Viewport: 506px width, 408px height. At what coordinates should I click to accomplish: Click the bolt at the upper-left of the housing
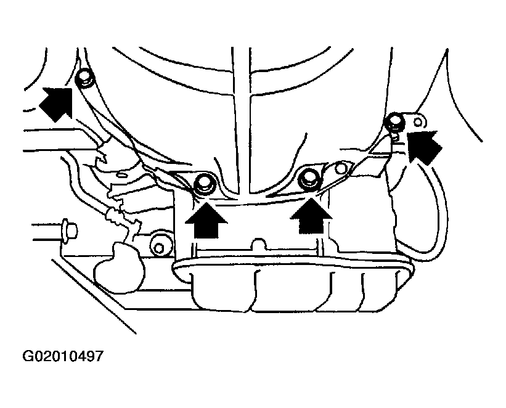click(x=84, y=78)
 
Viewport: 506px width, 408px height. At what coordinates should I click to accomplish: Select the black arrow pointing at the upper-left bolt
click(x=57, y=104)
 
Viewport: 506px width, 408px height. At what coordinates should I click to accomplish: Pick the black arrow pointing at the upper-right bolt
click(x=423, y=146)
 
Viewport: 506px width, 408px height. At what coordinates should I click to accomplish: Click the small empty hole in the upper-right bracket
click(x=418, y=122)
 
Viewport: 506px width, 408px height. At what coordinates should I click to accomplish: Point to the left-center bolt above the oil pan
click(x=205, y=184)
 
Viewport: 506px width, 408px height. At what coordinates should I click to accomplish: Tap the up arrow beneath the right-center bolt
click(x=311, y=216)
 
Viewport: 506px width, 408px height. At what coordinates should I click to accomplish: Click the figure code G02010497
click(x=63, y=356)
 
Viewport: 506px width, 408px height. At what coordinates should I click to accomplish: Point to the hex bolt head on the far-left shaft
click(x=70, y=230)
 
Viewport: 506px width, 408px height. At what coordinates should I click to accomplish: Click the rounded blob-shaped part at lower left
click(x=119, y=268)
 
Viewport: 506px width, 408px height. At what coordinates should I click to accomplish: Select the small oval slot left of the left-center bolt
click(x=121, y=174)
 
